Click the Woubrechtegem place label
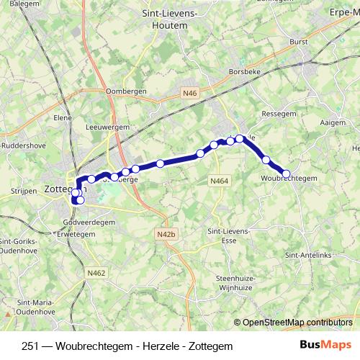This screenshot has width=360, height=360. coord(289,178)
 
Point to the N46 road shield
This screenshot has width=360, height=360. coord(189,93)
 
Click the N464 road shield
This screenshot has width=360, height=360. coord(219,181)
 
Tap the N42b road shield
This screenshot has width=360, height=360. coord(165,234)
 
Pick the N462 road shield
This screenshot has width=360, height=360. coord(96,273)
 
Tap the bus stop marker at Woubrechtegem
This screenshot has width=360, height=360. coord(286,174)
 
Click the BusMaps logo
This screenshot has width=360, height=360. coord(324,346)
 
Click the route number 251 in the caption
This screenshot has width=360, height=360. coord(31,346)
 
